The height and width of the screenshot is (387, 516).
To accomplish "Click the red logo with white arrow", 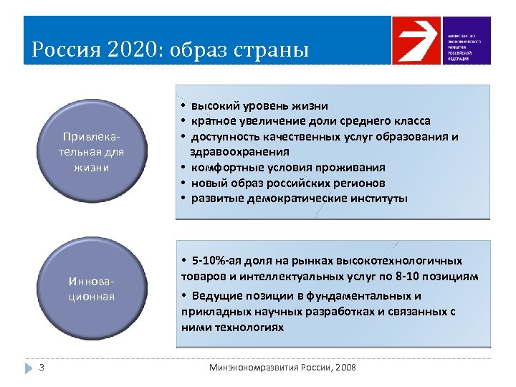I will click(x=415, y=41).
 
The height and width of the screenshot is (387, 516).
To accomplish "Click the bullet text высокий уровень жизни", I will click(x=259, y=106).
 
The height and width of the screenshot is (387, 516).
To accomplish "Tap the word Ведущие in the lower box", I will click(x=213, y=296).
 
